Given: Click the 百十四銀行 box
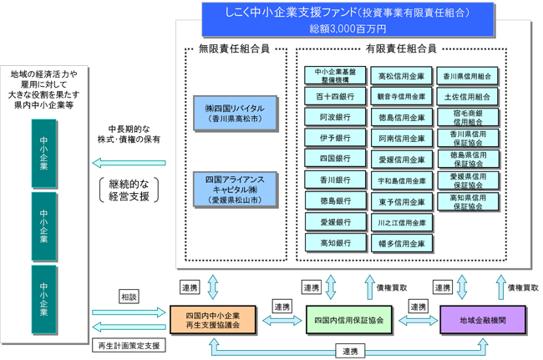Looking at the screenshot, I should point(334,96).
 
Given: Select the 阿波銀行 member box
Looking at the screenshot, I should point(334,117).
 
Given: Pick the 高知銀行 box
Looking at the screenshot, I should point(334,243).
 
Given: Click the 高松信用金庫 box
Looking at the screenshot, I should point(401,76).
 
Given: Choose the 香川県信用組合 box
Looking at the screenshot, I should point(469,76).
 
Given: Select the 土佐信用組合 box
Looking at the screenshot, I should point(469,97).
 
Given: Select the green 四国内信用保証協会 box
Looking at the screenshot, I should point(348,320).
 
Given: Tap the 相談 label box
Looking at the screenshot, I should point(129,297).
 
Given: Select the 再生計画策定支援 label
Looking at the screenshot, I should point(129,344).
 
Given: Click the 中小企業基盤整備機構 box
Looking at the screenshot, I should point(334,75).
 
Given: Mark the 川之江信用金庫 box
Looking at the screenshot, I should point(401,223).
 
